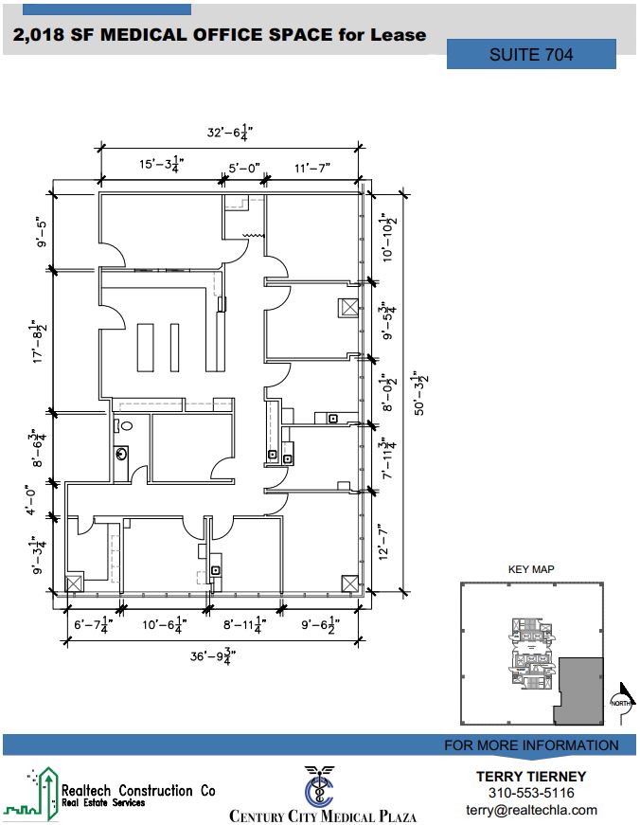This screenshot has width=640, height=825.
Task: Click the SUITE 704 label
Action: pyautogui.click(x=531, y=54)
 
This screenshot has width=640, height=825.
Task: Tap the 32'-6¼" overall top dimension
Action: pyautogui.click(x=230, y=132)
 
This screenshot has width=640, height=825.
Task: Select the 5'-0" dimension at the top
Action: pyautogui.click(x=244, y=168)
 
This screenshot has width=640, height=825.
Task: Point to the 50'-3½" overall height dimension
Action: pyautogui.click(x=420, y=393)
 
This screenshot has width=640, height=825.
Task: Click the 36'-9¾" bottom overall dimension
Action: pyautogui.click(x=213, y=656)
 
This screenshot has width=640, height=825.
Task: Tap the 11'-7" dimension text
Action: pyautogui.click(x=312, y=168)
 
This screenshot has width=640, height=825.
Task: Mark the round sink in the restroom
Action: pyautogui.click(x=121, y=453)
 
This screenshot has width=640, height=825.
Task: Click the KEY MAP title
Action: pyautogui.click(x=531, y=569)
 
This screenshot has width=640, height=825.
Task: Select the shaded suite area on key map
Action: pyautogui.click(x=579, y=690)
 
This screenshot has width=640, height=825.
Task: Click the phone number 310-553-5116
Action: pyautogui.click(x=531, y=793)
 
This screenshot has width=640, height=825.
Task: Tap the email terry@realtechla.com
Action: pyautogui.click(x=531, y=810)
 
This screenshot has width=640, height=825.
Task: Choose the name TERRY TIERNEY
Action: pyautogui.click(x=531, y=777)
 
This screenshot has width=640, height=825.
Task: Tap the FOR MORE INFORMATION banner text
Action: pyautogui.click(x=531, y=745)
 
